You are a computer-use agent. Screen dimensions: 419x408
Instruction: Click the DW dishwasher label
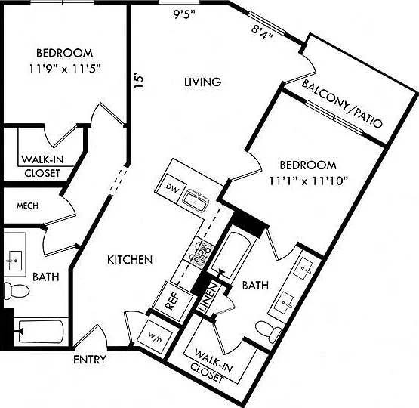(x=172, y=187)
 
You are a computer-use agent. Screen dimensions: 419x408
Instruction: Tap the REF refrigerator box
(x=173, y=301)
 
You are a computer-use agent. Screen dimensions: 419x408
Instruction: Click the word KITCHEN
(x=130, y=260)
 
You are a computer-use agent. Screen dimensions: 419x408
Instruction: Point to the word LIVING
(x=203, y=82)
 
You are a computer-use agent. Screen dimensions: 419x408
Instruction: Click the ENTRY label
(x=90, y=360)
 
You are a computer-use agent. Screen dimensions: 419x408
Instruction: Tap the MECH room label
(x=27, y=206)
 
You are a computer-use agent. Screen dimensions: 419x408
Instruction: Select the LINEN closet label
(x=209, y=298)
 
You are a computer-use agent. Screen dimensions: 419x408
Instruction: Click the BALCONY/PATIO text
(x=342, y=104)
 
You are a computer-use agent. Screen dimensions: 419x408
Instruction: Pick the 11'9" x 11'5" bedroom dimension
(x=65, y=70)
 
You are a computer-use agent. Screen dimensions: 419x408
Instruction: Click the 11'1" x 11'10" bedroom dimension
(x=308, y=181)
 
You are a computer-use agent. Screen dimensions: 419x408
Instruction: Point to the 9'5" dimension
(x=185, y=14)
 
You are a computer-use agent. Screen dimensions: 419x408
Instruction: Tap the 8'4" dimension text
(x=263, y=32)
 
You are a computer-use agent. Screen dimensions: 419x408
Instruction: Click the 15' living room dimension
(x=139, y=81)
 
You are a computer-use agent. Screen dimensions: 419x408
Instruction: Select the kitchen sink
(x=196, y=200)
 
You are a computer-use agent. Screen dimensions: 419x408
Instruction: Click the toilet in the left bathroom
(x=16, y=290)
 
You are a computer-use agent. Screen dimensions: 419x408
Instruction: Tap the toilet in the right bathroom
(x=268, y=332)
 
